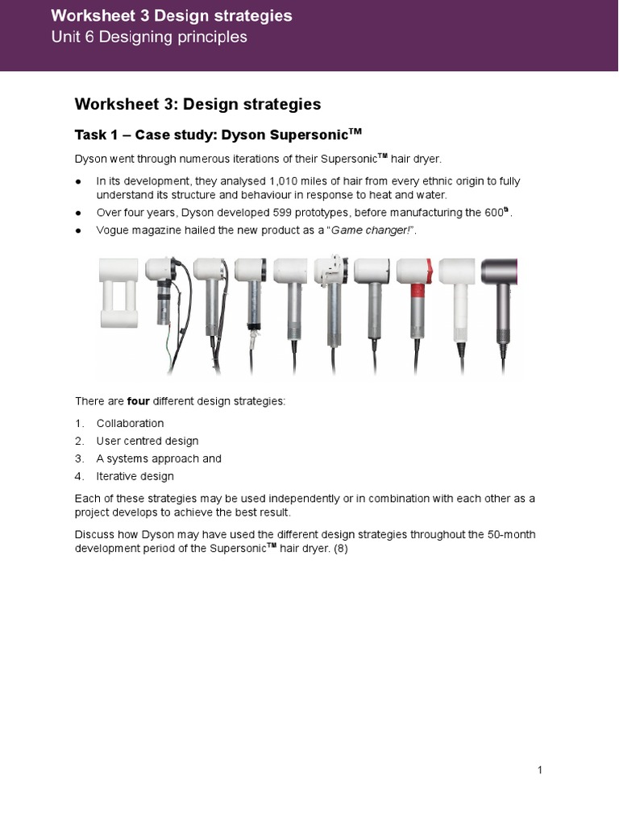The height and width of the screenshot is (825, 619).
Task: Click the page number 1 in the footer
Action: [x=540, y=771]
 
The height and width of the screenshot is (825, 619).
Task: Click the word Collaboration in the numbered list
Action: [x=130, y=423]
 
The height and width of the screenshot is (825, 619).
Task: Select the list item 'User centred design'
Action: [x=147, y=441]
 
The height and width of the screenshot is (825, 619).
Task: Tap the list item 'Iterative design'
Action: [x=135, y=476]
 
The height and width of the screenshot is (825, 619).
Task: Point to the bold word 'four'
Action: [x=139, y=400]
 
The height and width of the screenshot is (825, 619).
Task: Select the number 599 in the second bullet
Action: [x=280, y=213]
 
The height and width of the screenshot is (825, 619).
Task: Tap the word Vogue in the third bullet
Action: [x=113, y=230]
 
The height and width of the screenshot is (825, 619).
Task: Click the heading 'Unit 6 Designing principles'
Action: [x=149, y=38]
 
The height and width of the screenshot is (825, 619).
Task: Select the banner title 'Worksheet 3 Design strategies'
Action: [x=171, y=15]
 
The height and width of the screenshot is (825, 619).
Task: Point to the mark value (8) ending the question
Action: [x=342, y=549]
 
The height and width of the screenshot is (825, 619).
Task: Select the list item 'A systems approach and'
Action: [x=159, y=458]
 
